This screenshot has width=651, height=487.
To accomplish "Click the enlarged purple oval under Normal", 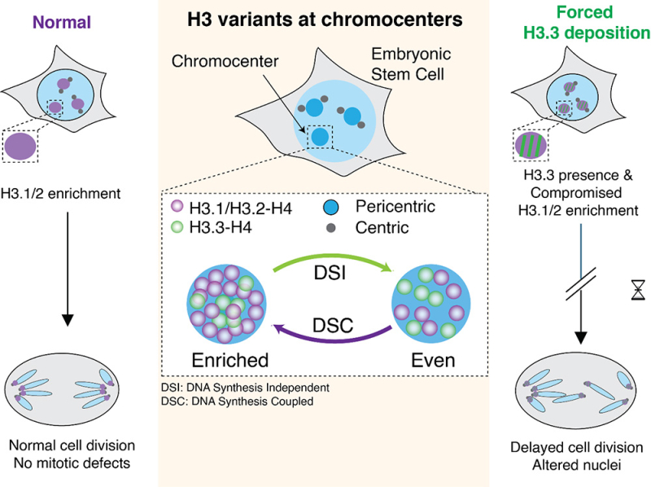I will click(x=20, y=147).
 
